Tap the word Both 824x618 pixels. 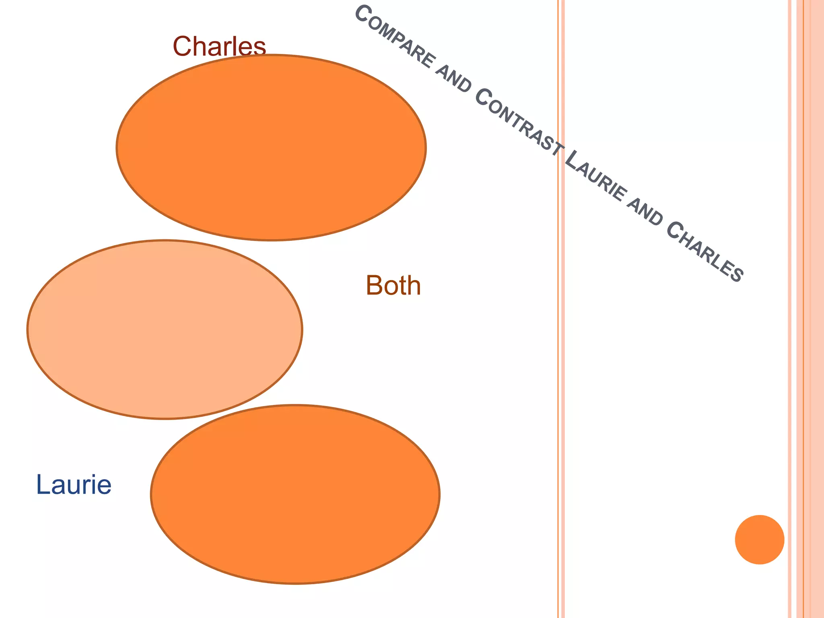point(393,286)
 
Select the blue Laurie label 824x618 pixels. point(74,484)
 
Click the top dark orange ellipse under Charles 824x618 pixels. point(271,148)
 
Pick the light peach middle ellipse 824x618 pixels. point(165,330)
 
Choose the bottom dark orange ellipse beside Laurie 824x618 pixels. point(295,494)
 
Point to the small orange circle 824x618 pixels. point(759,540)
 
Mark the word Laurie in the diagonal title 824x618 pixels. point(595,177)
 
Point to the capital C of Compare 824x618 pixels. point(363,15)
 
